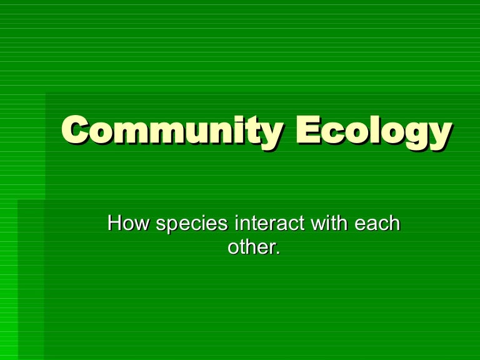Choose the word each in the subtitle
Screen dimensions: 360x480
[377, 223]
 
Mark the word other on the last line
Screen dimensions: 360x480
[250, 246]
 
